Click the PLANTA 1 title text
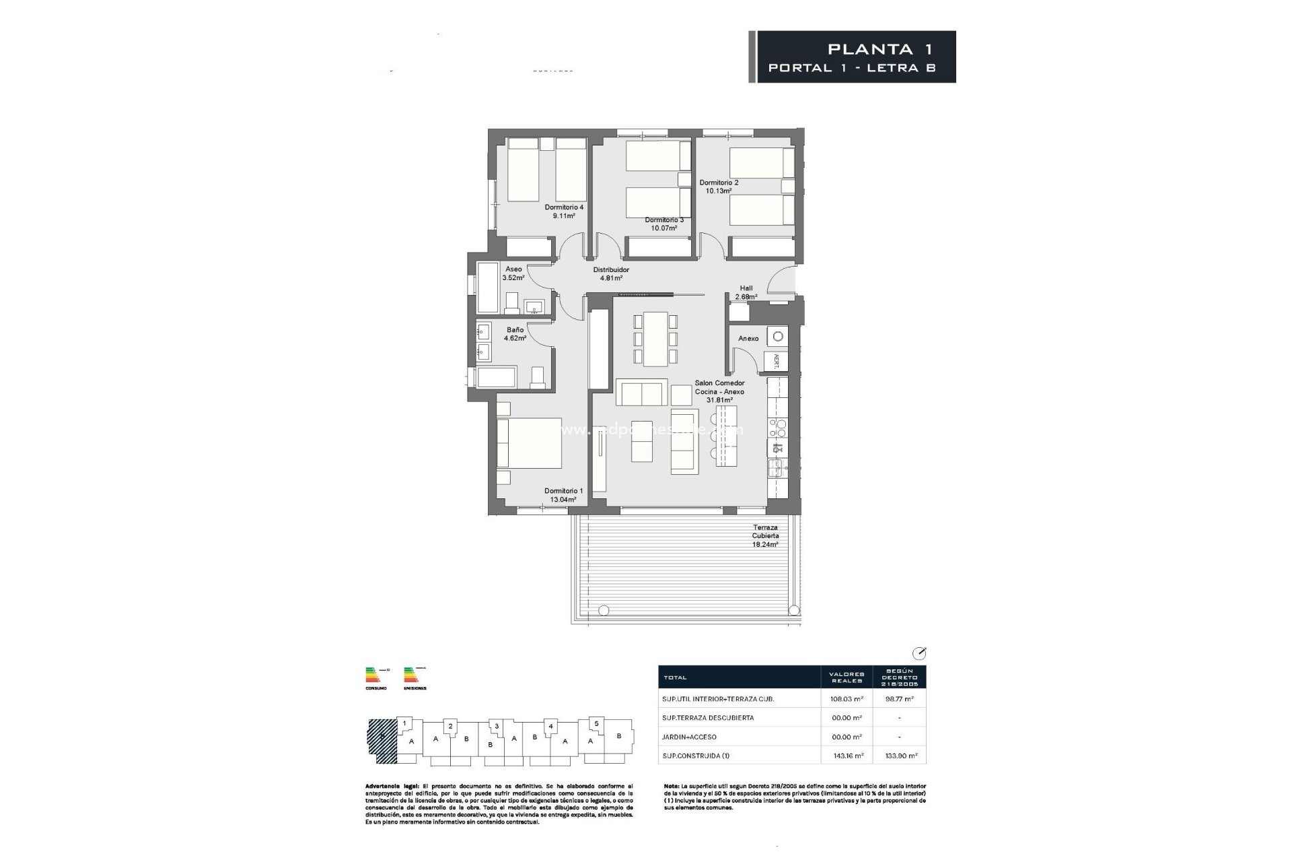click(x=880, y=49)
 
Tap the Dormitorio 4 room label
click(x=564, y=207)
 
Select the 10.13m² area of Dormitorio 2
click(x=718, y=191)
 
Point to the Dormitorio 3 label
click(x=663, y=220)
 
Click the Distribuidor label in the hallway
click(x=610, y=270)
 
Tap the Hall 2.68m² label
click(x=746, y=292)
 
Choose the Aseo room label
click(x=513, y=269)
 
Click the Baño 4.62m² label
click(x=515, y=334)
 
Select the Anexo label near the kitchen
click(x=748, y=339)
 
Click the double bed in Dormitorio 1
click(x=530, y=443)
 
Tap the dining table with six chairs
click(x=655, y=339)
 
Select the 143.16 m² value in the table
click(x=847, y=756)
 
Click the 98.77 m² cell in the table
click(x=900, y=699)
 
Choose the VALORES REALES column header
click(x=847, y=677)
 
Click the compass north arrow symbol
click(x=919, y=653)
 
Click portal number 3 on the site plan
click(x=496, y=726)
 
